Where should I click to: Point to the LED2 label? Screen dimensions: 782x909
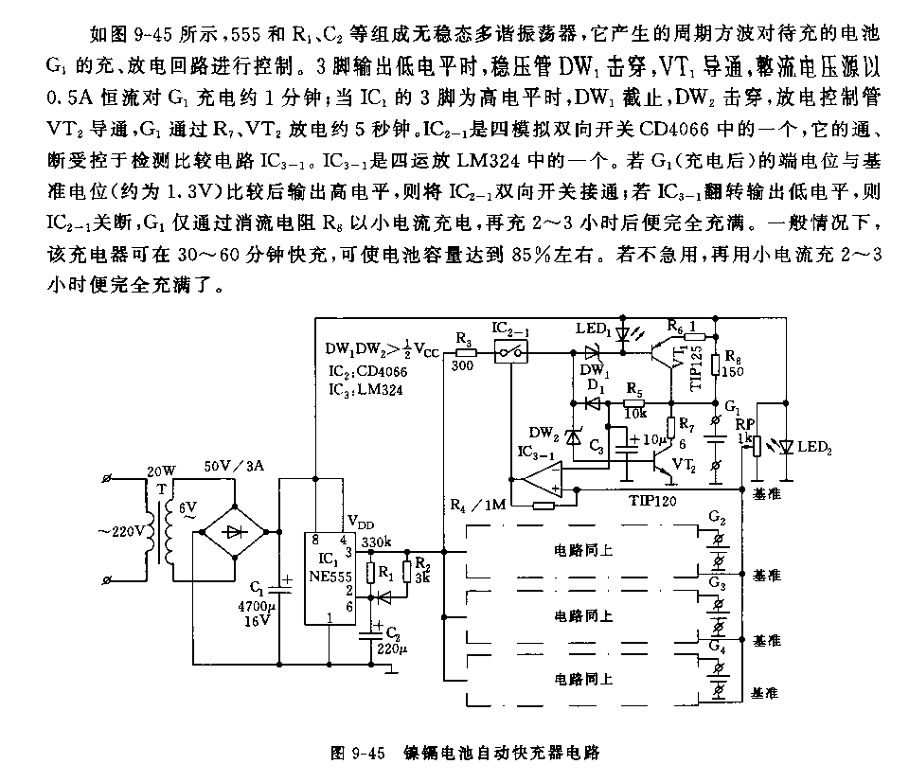(x=811, y=446)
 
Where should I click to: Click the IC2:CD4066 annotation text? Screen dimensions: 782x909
(x=360, y=372)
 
